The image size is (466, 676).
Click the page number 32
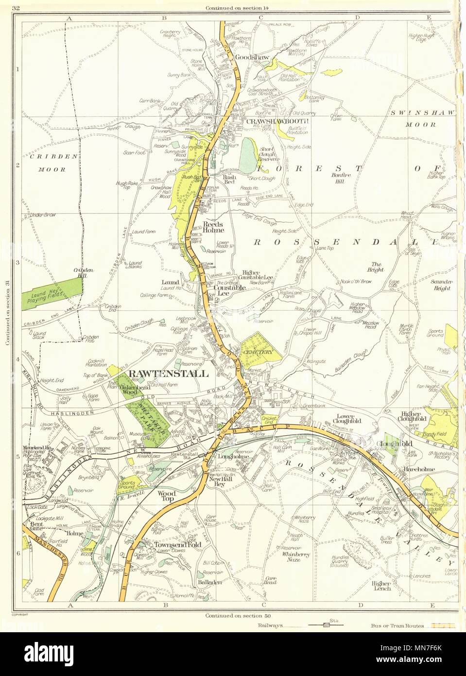click(17, 7)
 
